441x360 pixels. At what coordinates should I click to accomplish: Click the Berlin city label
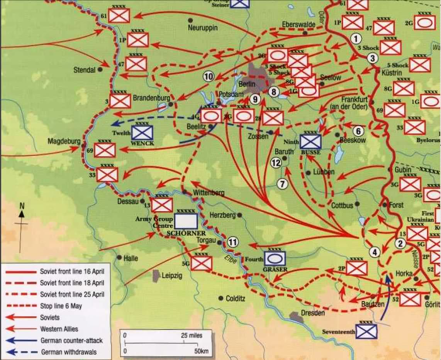pyautogui.click(x=248, y=84)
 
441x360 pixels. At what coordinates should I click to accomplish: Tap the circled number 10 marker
pyautogui.click(x=209, y=77)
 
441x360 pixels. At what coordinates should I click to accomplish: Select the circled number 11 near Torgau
pyautogui.click(x=232, y=242)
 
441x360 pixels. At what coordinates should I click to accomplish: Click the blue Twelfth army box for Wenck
pyautogui.click(x=142, y=132)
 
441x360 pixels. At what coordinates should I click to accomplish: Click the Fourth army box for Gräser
pyautogui.click(x=275, y=258)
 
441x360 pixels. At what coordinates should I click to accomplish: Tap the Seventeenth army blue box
pyautogui.click(x=366, y=331)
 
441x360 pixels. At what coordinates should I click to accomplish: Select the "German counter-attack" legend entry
pyautogui.click(x=71, y=341)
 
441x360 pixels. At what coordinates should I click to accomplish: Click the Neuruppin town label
pyautogui.click(x=203, y=28)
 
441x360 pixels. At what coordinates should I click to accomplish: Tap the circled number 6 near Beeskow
pyautogui.click(x=358, y=131)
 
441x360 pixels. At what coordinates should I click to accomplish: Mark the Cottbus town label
pyautogui.click(x=342, y=206)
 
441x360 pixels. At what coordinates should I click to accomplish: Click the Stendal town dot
pyautogui.click(x=100, y=69)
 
